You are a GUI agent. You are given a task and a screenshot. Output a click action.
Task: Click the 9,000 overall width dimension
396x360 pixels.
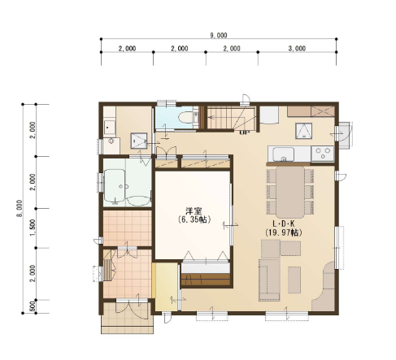point(219,35)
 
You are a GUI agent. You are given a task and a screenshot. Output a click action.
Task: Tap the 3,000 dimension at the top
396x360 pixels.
point(297,48)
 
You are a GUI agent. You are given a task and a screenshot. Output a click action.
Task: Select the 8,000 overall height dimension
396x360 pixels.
point(20,208)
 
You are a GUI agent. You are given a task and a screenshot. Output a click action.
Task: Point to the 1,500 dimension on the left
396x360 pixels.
point(33,228)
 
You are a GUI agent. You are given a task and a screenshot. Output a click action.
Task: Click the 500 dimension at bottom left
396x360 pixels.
point(33,306)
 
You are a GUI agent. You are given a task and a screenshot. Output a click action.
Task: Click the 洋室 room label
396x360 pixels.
point(194,211)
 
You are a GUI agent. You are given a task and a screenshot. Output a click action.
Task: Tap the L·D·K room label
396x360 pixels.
point(284,223)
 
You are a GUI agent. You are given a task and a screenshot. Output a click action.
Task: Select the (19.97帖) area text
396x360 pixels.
point(283,232)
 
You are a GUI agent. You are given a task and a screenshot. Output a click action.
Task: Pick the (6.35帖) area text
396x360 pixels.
point(194,219)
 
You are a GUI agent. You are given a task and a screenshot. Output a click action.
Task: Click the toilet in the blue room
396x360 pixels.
point(187,118)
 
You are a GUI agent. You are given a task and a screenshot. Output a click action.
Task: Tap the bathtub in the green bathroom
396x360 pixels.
point(115,185)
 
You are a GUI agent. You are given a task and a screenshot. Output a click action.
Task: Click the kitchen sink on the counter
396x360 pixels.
point(283,154)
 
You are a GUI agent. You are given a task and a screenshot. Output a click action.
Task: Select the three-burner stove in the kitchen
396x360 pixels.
point(323,154)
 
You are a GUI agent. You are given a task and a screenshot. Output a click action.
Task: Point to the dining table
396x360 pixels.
point(290,192)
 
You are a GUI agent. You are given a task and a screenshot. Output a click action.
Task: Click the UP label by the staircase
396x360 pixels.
point(245,132)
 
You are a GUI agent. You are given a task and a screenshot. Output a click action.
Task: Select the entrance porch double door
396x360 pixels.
point(132,308)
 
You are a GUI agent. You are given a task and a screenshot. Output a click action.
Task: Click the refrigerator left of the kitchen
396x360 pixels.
point(269,115)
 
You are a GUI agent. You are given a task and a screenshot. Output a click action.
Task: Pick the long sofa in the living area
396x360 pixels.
point(269,280)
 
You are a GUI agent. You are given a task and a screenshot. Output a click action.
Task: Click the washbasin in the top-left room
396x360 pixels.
point(110,128)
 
